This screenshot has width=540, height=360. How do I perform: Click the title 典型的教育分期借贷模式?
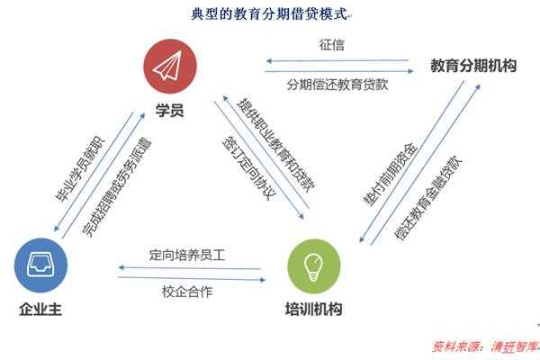(269, 14)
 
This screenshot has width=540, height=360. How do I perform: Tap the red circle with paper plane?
(170, 67)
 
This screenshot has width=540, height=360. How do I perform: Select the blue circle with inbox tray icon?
(40, 265)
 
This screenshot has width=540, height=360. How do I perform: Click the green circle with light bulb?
(314, 266)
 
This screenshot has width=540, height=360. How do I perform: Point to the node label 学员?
(169, 110)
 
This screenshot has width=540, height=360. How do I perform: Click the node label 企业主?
(40, 309)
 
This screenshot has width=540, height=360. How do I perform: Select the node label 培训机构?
(314, 309)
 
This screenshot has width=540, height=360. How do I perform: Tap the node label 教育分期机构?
(473, 66)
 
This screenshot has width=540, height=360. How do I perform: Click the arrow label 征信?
(331, 45)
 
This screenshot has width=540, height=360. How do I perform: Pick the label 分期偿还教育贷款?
(337, 85)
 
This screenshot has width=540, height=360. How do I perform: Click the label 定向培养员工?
(187, 255)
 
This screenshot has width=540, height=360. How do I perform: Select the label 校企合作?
(187, 292)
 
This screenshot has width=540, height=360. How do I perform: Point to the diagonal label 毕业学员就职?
(80, 169)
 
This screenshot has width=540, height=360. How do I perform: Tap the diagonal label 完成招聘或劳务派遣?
(117, 187)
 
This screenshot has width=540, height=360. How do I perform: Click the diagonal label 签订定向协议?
(249, 168)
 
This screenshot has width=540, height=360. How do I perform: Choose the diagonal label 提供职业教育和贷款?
(276, 146)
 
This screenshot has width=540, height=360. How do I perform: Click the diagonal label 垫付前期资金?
(391, 175)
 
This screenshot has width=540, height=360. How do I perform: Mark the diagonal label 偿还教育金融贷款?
(428, 197)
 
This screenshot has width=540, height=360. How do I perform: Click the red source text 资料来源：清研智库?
(485, 346)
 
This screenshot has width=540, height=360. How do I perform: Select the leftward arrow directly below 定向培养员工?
(189, 268)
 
